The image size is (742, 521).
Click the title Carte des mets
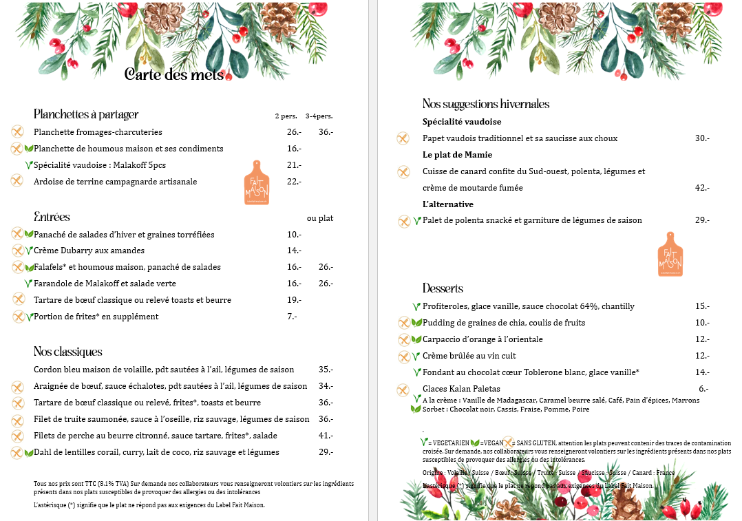coord(175,75)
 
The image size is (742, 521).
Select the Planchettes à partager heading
coord(86,114)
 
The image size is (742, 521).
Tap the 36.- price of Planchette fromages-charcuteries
coord(326,132)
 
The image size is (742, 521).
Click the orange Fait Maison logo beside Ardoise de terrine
coord(257,182)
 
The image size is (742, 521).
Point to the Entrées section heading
coord(52,217)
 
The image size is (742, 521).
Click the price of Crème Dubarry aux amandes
coord(295,251)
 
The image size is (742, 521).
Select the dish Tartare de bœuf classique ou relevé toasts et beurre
coord(132,300)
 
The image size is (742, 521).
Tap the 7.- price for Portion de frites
coord(292,317)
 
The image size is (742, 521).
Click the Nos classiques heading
coord(68,352)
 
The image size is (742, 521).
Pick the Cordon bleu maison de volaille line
coord(164,370)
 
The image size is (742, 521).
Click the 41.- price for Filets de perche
coord(326,436)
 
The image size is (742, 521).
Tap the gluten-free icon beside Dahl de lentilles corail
coord(17,452)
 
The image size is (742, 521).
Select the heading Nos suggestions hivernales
coord(486,104)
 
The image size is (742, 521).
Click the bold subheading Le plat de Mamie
coord(457,155)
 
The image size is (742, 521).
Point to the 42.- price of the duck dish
coord(702,188)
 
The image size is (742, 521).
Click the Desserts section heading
coord(443,288)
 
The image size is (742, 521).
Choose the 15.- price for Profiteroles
coord(702,306)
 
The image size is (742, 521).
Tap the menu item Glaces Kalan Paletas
coord(461,389)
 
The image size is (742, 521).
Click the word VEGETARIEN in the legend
coord(450,443)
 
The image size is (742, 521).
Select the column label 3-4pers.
coord(319,116)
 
